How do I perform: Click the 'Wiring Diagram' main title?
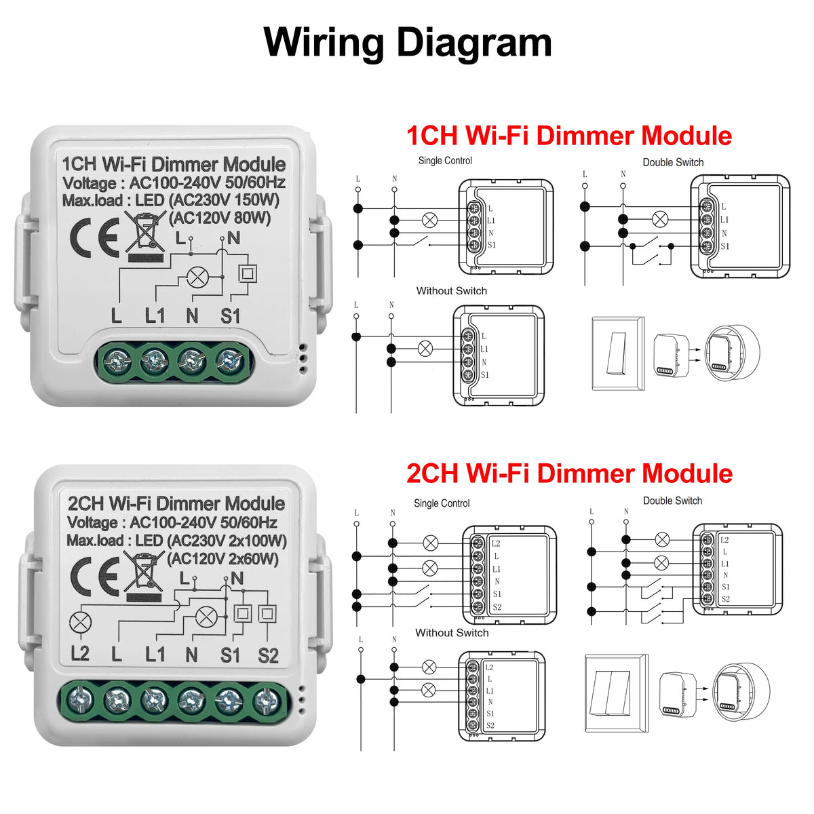coord(407,42)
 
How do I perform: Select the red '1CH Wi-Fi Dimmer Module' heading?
coord(568,136)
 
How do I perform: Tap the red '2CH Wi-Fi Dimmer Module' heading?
coord(568,473)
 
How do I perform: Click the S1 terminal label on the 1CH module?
coord(231,316)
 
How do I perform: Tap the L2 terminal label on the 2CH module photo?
coord(80,654)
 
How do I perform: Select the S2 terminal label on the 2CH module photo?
coord(268,655)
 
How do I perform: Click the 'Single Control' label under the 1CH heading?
coord(445,161)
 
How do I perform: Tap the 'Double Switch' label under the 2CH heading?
coord(672,501)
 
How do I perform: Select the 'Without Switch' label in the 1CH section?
coord(451,291)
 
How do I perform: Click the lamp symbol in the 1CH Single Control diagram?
coord(429,220)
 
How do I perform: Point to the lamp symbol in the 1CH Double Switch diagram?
coord(659,219)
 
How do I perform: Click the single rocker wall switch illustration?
coord(617,353)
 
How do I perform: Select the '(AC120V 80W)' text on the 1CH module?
coord(220,218)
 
